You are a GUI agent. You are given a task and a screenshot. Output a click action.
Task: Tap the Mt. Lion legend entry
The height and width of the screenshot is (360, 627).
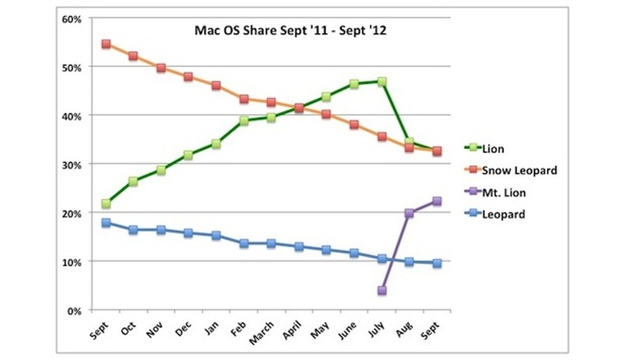[503, 192]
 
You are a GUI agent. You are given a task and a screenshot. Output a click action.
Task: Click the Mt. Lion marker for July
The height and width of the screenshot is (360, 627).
[382, 291]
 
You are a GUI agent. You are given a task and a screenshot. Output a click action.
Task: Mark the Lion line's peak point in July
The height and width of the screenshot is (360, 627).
[382, 82]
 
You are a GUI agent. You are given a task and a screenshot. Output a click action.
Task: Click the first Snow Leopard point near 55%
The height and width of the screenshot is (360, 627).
[106, 44]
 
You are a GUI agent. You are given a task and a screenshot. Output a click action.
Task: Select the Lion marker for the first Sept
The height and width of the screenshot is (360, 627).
[106, 204]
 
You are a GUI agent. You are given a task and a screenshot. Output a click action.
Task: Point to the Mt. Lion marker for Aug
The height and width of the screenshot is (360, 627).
[409, 213]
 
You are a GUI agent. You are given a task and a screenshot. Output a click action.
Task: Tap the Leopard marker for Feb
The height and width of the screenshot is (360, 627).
[243, 243]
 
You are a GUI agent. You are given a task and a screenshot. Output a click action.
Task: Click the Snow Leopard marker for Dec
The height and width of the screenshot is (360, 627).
[189, 76]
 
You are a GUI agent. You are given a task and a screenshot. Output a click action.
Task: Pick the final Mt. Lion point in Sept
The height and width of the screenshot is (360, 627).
[437, 201]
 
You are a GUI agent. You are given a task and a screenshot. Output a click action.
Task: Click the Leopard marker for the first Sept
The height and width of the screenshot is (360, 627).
[106, 223]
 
